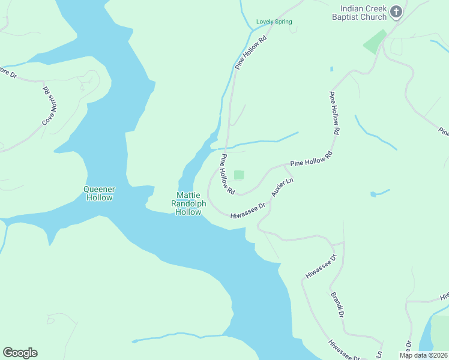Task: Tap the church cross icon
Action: pyautogui.click(x=396, y=11)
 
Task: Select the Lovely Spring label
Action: pyautogui.click(x=274, y=22)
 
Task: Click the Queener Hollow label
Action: pyautogui.click(x=99, y=193)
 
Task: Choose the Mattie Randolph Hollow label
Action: pyautogui.click(x=188, y=203)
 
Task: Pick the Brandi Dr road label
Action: pyautogui.click(x=337, y=305)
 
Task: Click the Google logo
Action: pyautogui.click(x=20, y=353)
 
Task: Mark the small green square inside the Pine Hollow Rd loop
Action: pyautogui.click(x=239, y=175)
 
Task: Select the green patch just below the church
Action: pyautogui.click(x=375, y=41)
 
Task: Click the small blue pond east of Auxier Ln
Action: pyautogui.click(x=374, y=194)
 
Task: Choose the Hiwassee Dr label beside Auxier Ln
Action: pyautogui.click(x=248, y=210)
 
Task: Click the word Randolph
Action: pyautogui.click(x=188, y=203)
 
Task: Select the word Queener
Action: pyautogui.click(x=99, y=190)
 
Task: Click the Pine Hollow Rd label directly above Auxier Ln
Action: pyautogui.click(x=311, y=159)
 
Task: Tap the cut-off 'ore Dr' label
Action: pyautogui.click(x=9, y=73)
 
